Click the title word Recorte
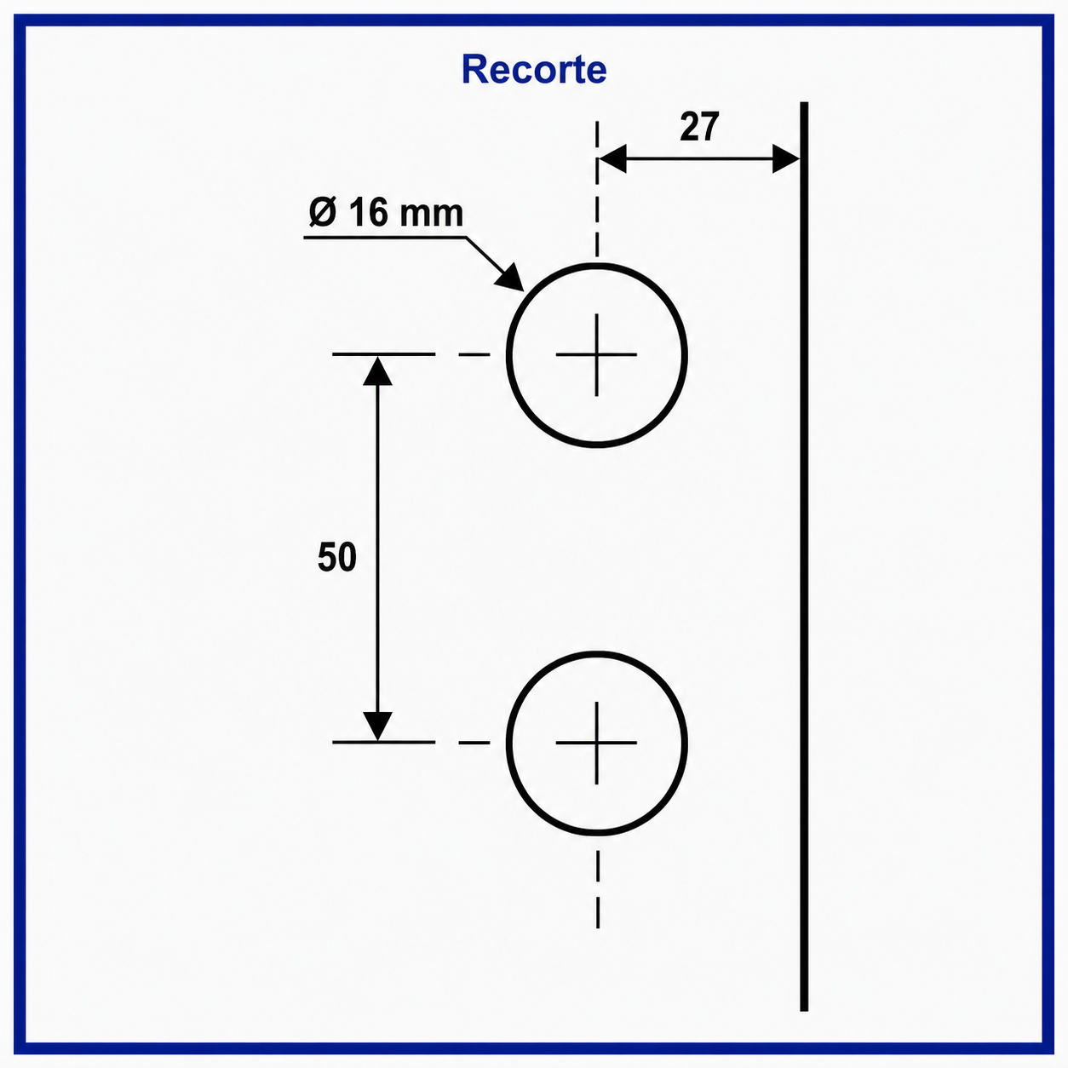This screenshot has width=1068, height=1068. click(x=534, y=69)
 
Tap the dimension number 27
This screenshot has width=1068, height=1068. click(x=699, y=127)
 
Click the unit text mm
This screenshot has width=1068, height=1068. click(x=431, y=215)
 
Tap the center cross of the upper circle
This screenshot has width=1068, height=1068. click(x=596, y=354)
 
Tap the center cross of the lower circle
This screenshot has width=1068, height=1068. click(x=596, y=743)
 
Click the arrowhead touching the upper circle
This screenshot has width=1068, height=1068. click(x=511, y=277)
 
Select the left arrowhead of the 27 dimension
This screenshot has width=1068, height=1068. click(x=612, y=159)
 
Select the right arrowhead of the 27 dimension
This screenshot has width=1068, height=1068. click(x=786, y=159)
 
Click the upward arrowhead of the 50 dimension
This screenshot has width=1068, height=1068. click(x=377, y=370)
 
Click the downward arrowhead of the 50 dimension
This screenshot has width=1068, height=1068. click(x=377, y=726)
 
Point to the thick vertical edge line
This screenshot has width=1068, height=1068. click(x=804, y=556)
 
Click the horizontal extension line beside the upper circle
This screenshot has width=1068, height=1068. click(x=383, y=353)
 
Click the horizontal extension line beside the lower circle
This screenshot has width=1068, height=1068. click(x=383, y=742)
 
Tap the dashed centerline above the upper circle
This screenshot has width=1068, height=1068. click(x=597, y=190)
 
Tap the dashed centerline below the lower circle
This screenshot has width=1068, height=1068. click(x=598, y=889)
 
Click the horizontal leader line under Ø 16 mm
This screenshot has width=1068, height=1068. click(x=385, y=238)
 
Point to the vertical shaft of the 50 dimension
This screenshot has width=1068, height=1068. click(x=377, y=548)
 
